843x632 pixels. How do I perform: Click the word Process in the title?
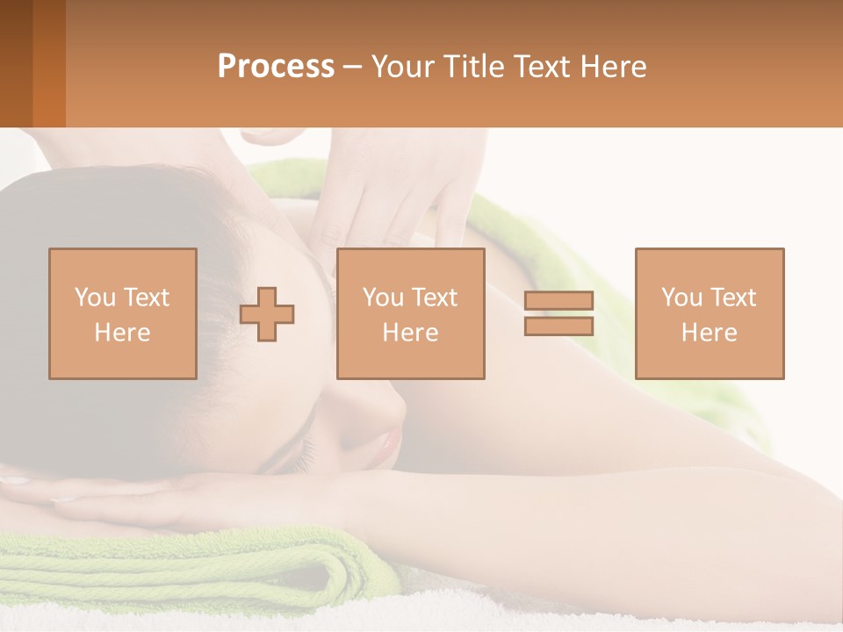[x=276, y=67]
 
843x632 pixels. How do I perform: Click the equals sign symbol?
[x=558, y=313]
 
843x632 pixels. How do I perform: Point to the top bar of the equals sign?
[x=558, y=300]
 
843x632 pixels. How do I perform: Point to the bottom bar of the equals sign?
[x=558, y=327]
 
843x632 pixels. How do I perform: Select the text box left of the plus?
[x=123, y=313]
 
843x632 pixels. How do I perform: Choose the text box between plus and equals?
[x=410, y=313]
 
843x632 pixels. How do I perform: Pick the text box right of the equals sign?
[x=710, y=313]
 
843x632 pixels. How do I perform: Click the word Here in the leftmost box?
[x=123, y=333]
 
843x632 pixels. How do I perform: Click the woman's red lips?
[x=386, y=449]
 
